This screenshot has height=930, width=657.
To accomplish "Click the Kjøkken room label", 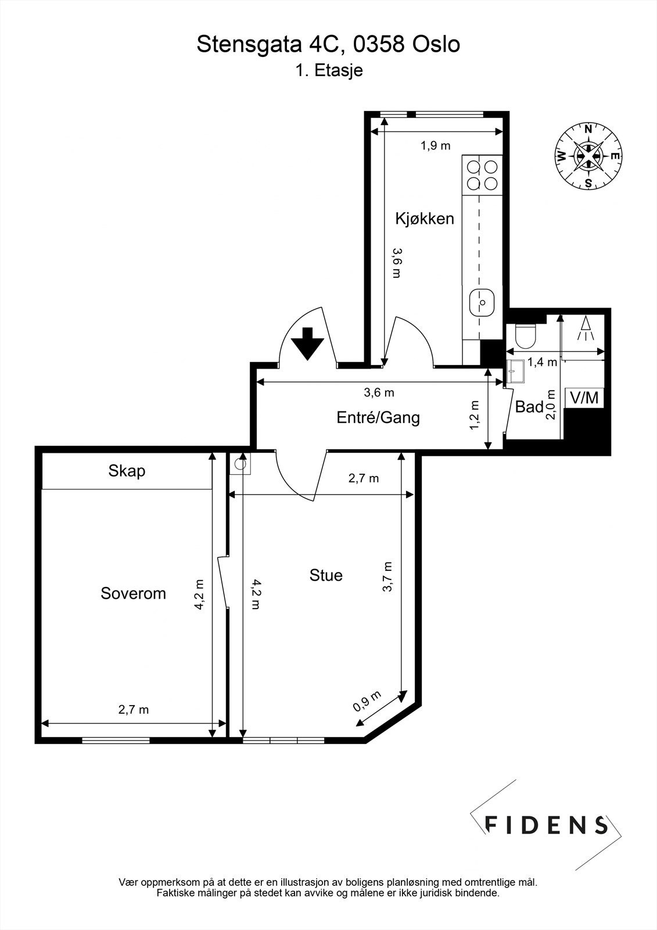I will point(424,219).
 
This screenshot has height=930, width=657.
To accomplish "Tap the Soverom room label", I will point(133,593).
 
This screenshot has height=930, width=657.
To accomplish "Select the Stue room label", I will point(326,575).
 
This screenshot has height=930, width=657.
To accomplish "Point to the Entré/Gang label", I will point(378,417).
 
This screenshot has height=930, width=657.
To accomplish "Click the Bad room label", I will point(529,407).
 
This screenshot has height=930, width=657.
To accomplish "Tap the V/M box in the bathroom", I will point(584,398).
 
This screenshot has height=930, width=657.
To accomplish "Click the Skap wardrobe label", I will point(127,471).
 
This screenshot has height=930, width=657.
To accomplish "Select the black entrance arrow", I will point(307,344).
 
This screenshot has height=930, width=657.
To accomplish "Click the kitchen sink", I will point(482,302).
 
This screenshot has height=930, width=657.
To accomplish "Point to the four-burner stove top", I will point(482,175).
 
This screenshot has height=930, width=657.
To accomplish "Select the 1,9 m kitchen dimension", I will point(436,146).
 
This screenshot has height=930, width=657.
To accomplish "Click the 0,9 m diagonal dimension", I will point(368,702).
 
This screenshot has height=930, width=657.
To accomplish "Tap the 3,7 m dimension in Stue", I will point(388,577).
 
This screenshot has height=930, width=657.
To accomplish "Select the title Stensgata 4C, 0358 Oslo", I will point(328,44).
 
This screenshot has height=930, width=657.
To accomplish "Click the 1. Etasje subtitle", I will point(329,71).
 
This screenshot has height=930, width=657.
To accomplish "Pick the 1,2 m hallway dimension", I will point(475,415).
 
